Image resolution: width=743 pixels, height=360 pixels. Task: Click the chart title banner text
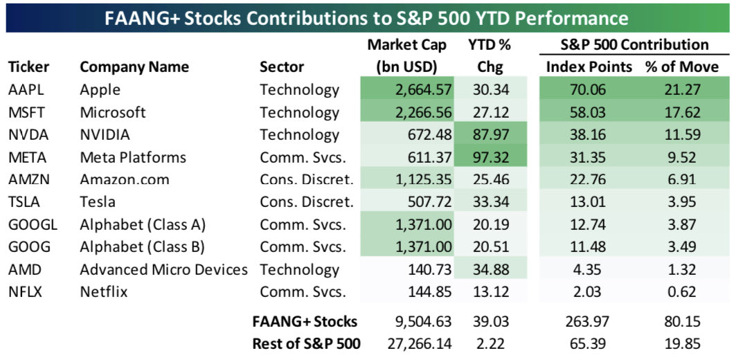(366, 17)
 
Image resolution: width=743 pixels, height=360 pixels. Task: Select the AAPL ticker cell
(24, 90)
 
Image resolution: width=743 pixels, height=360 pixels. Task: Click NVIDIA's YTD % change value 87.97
(493, 135)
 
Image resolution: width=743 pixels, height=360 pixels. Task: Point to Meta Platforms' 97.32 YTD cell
(493, 157)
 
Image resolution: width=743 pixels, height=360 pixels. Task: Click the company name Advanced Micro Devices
(163, 269)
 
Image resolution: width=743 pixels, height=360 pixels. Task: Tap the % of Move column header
(683, 67)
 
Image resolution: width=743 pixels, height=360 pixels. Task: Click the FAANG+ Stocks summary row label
(305, 321)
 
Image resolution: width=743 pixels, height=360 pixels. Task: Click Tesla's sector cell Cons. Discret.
(306, 202)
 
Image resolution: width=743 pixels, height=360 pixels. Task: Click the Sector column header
(281, 67)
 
